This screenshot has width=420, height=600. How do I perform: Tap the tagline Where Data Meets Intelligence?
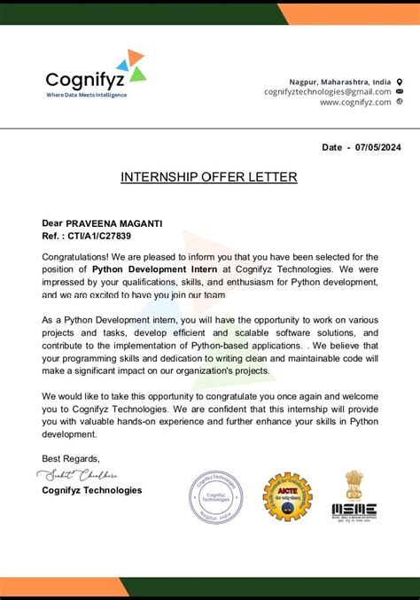click(x=86, y=95)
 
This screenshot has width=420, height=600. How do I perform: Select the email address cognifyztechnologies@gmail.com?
click(x=327, y=91)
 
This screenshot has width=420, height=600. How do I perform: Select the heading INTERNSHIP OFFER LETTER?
click(x=209, y=177)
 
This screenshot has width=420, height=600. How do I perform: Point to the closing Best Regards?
click(x=71, y=458)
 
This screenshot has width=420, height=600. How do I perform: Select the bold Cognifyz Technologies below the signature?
click(x=91, y=490)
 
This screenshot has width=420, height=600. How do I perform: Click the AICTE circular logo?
click(x=287, y=496)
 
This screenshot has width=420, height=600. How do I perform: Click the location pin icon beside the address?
click(x=400, y=81)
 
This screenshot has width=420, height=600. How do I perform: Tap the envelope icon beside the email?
click(x=400, y=91)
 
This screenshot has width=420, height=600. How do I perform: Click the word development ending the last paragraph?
click(x=69, y=434)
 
